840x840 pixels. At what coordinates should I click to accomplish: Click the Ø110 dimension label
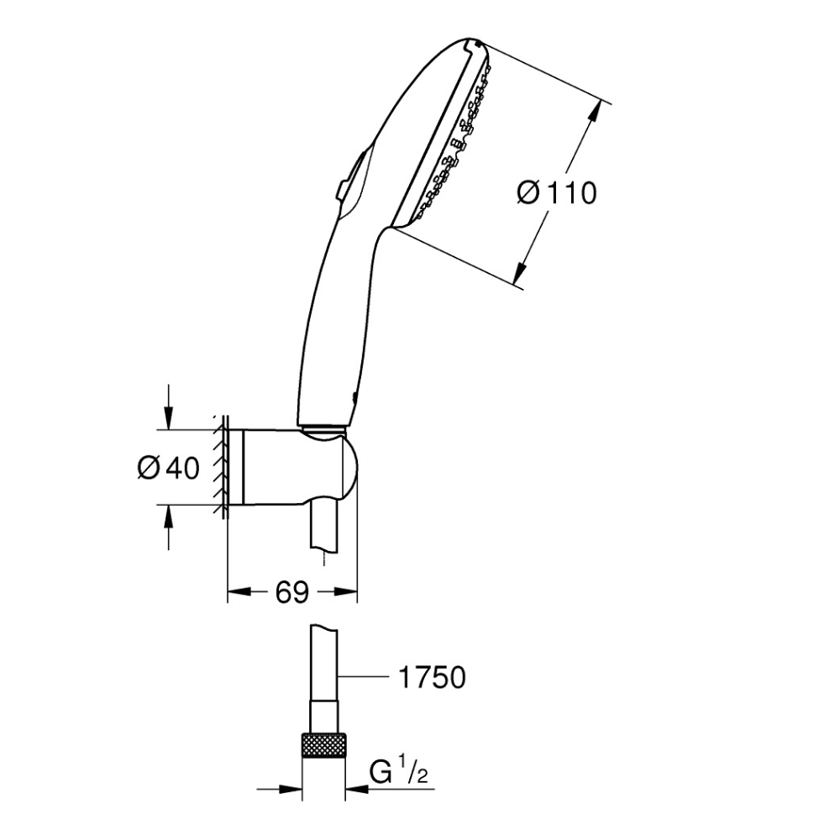coord(557,192)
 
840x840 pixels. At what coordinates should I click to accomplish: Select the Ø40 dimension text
coord(168,468)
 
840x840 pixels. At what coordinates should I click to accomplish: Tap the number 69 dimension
coord(292,592)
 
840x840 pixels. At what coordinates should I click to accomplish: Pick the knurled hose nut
coord(323,745)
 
